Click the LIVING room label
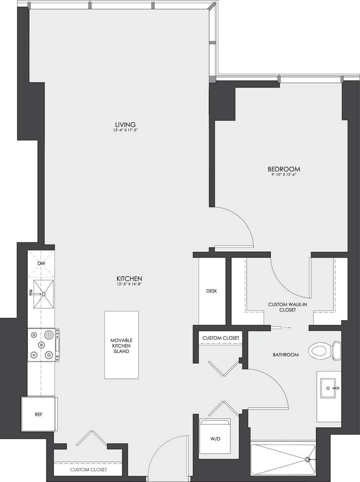click(125, 125)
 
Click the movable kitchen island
click(121, 345)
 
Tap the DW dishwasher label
click(41, 264)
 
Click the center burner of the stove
click(41, 345)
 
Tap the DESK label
click(211, 291)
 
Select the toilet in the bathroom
click(324, 350)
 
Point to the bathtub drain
click(308, 459)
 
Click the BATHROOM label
click(285, 355)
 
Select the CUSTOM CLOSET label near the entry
click(88, 470)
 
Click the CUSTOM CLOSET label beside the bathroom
click(220, 338)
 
